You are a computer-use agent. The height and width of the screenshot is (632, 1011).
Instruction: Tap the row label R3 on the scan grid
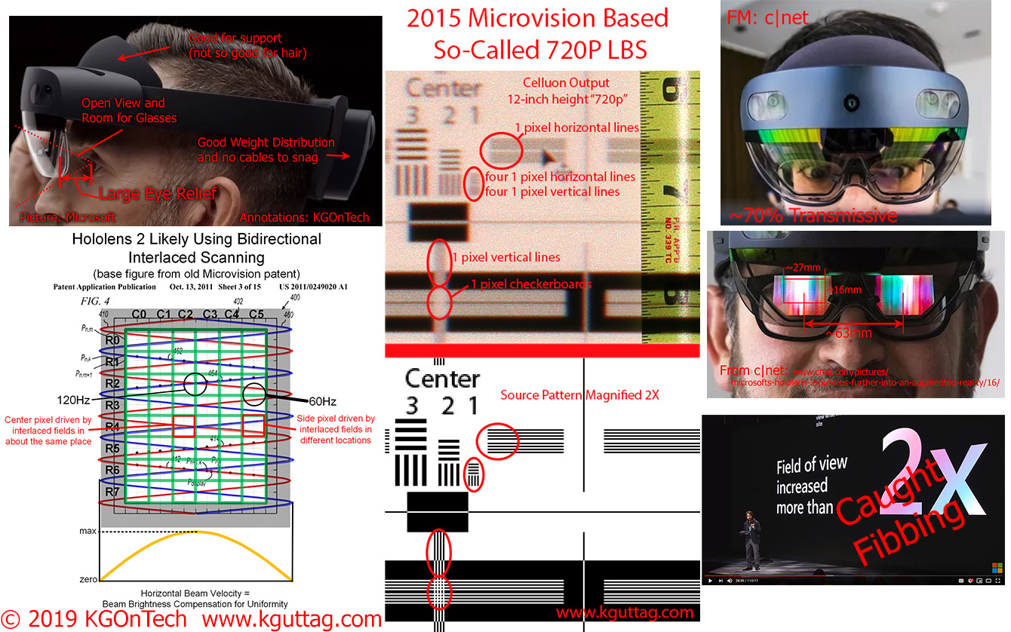112,405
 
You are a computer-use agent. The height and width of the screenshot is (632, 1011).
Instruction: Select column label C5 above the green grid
257,314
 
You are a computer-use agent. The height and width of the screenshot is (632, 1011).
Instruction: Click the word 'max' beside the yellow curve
88,532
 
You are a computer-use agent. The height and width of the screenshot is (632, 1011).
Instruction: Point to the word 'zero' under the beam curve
88,579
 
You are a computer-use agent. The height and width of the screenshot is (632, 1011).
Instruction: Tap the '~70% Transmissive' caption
813,216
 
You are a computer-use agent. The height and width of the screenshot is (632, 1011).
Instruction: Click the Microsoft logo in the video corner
993,566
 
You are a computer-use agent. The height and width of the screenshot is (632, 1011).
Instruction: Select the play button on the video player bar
710,581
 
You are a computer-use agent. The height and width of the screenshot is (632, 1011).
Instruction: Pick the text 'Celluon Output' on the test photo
565,82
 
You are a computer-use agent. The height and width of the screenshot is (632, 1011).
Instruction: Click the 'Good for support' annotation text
235,37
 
